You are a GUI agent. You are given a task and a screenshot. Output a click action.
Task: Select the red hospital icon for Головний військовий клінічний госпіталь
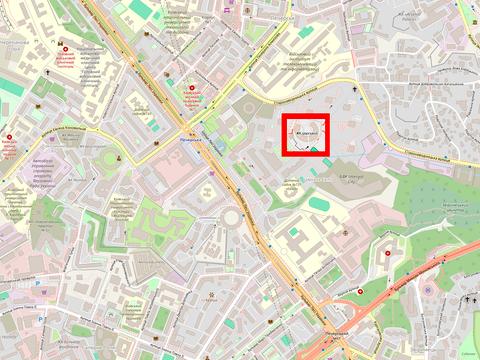[66, 49]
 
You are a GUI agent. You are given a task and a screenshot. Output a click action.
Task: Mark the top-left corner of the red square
[283, 116]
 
